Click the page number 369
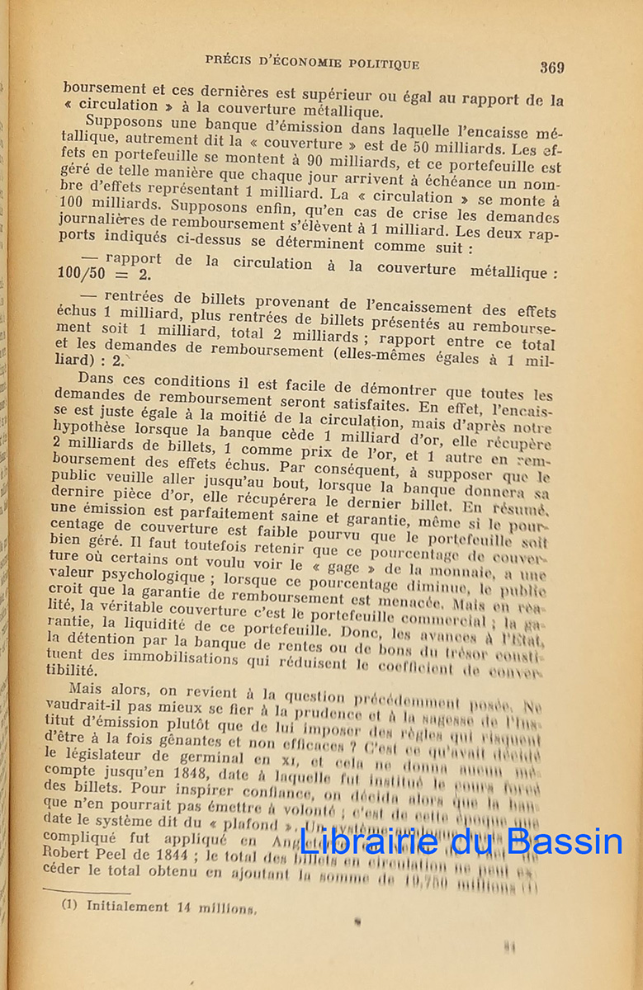[x=552, y=68]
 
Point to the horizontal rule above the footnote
[x=97, y=890]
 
